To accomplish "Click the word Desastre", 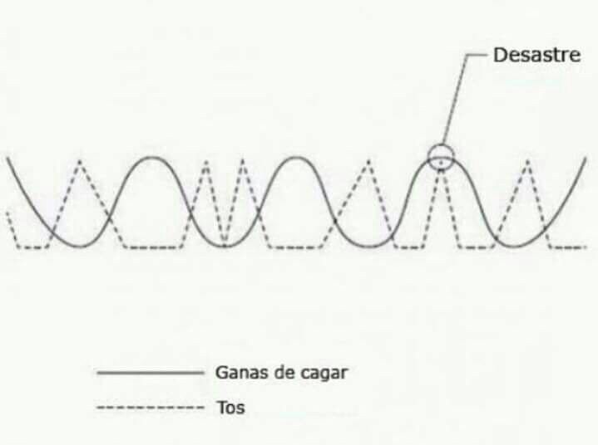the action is pyautogui.click(x=537, y=55).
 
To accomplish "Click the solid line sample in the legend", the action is pyautogui.click(x=151, y=373).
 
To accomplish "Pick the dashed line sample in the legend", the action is pyautogui.click(x=151, y=408).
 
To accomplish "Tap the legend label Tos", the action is pyautogui.click(x=230, y=408).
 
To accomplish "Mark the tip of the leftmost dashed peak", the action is pyautogui.click(x=80, y=161).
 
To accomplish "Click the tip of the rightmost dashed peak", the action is pyautogui.click(x=528, y=161).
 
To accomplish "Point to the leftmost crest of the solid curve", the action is pyautogui.click(x=152, y=157).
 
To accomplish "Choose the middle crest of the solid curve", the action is pyautogui.click(x=297, y=157).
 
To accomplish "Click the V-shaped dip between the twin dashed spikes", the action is pyautogui.click(x=225, y=243).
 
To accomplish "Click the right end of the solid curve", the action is pyautogui.click(x=586, y=158).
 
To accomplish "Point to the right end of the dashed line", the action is pyautogui.click(x=586, y=247).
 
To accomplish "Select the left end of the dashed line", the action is pyautogui.click(x=7, y=213).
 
